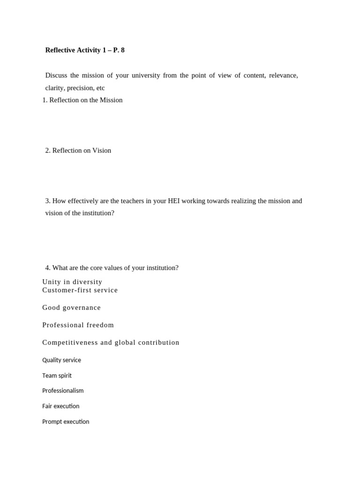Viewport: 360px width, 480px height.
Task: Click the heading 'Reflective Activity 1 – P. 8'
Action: [85, 50]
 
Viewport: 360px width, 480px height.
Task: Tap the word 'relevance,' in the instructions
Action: [283, 75]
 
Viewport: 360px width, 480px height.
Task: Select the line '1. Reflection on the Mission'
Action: [82, 100]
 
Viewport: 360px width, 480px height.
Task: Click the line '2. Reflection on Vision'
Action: [78, 150]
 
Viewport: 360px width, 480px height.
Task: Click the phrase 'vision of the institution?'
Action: [80, 213]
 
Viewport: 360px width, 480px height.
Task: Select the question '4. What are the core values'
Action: [112, 268]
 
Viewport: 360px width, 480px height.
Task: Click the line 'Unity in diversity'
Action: [72, 282]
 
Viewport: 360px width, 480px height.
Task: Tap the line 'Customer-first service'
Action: [80, 290]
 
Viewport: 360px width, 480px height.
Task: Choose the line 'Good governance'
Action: [71, 308]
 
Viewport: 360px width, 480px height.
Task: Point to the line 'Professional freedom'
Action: [78, 325]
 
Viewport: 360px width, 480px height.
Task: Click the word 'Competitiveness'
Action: [70, 343]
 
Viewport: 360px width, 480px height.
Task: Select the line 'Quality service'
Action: [61, 360]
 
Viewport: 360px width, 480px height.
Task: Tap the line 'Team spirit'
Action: [57, 376]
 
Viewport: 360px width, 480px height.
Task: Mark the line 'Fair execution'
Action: [60, 406]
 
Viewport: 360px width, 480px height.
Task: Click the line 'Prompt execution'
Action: [66, 422]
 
